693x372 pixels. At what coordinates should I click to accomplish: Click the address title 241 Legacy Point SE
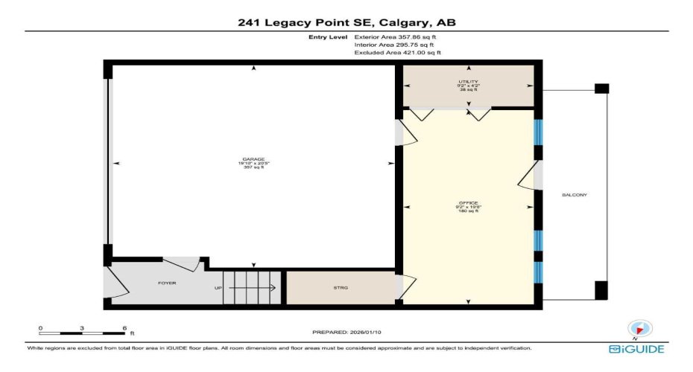click(x=346, y=22)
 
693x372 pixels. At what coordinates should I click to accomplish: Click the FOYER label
click(x=166, y=283)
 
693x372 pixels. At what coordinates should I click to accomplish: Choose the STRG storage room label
click(x=341, y=287)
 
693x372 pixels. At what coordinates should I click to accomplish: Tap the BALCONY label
click(x=575, y=195)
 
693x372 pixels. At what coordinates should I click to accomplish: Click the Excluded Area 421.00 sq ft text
click(x=398, y=53)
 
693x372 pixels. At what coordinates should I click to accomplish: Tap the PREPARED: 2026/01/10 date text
click(x=346, y=332)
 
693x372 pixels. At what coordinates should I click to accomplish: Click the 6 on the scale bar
click(x=124, y=327)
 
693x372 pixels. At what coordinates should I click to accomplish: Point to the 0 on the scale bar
click(x=41, y=327)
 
